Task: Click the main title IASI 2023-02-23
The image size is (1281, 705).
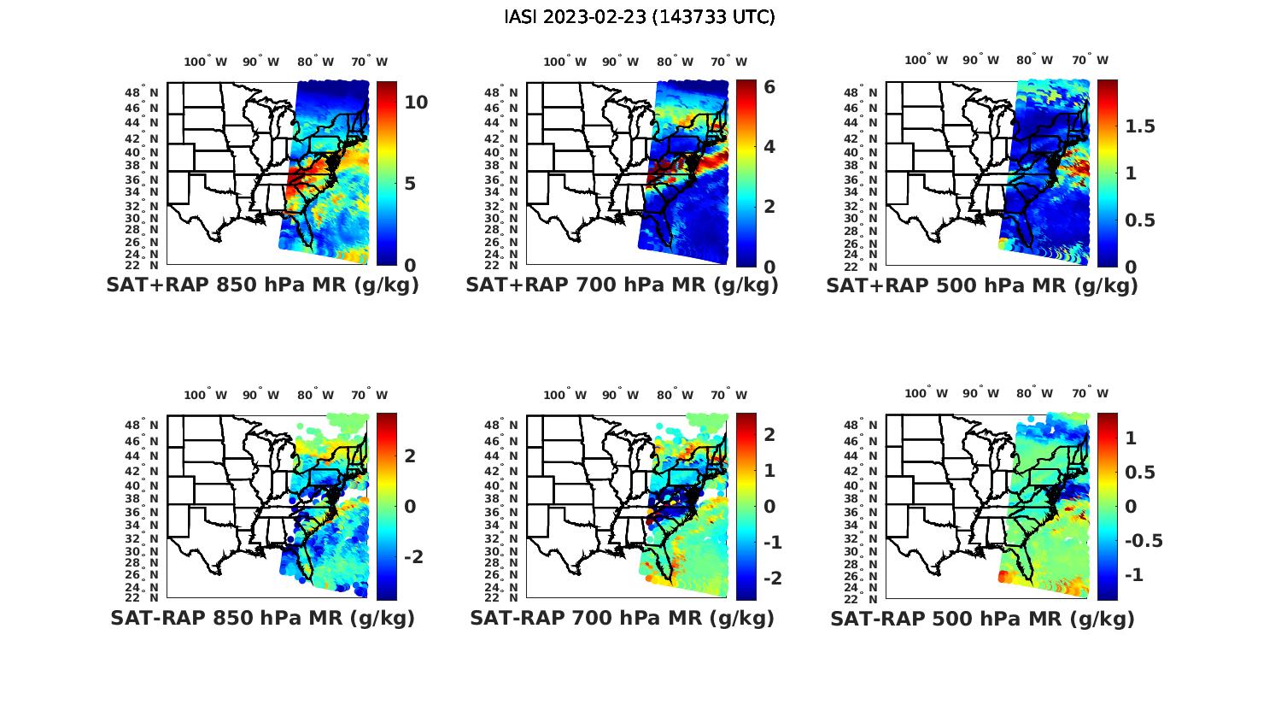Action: pos(640,17)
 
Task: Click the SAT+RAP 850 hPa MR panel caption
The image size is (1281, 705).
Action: pos(262,285)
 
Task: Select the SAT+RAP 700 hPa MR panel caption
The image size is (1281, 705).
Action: pos(622,285)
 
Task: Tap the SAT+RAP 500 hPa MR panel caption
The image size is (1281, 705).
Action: pos(982,285)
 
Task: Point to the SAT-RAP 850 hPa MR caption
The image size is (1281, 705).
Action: pos(262,618)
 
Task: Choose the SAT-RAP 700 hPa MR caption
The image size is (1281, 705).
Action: pos(622,618)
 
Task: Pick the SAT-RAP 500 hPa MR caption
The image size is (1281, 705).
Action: pos(982,618)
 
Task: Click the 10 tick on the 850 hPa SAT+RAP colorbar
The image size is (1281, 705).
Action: pos(416,103)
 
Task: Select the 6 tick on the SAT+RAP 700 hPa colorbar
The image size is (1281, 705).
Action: pos(769,87)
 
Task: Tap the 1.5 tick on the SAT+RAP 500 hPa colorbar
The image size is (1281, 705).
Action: pos(1140,126)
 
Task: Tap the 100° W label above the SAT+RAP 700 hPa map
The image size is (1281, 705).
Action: pos(564,62)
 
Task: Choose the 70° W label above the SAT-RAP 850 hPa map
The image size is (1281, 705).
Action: pos(370,395)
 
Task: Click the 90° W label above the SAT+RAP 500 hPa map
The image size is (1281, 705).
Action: pos(980,60)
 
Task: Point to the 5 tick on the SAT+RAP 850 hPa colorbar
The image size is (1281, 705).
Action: pos(410,184)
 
